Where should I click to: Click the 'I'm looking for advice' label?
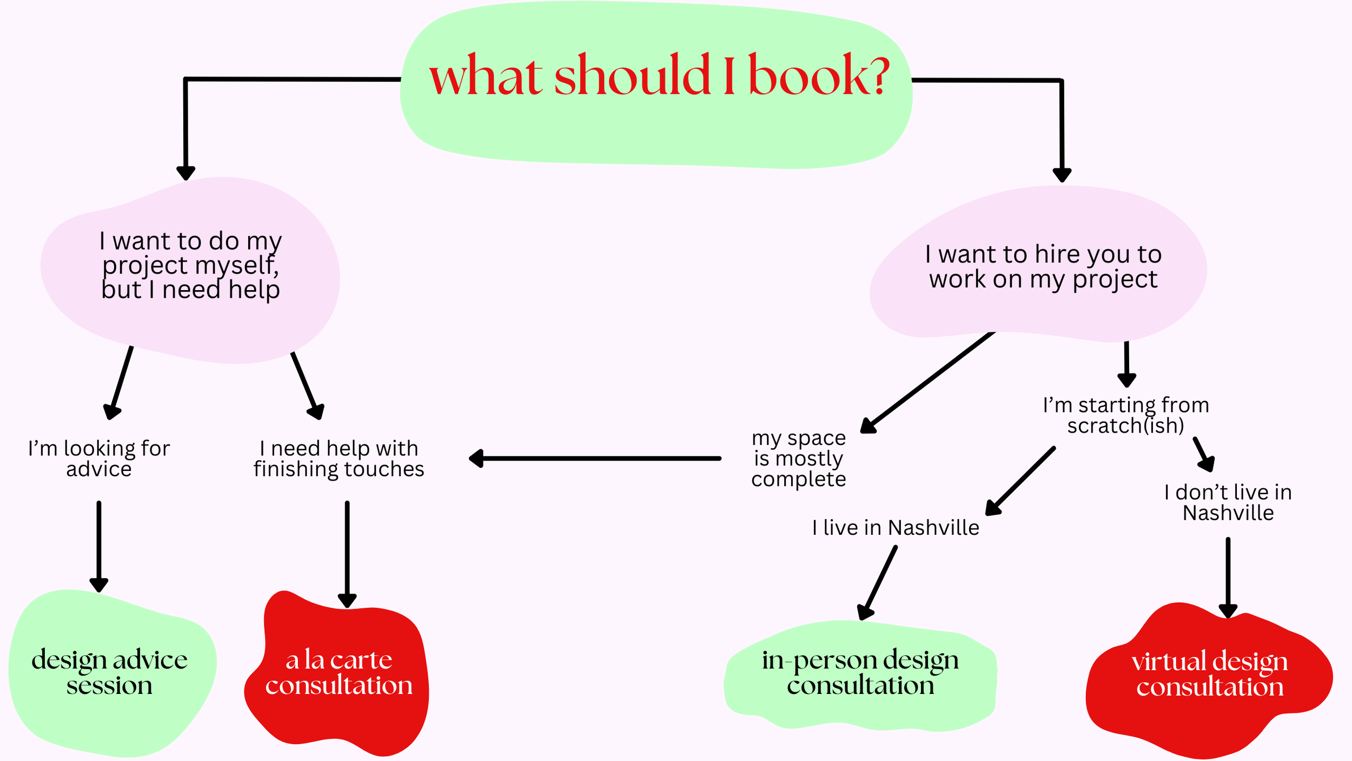pyautogui.click(x=99, y=458)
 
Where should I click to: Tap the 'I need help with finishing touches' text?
pyautogui.click(x=339, y=458)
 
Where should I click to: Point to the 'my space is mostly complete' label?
pyautogui.click(x=798, y=458)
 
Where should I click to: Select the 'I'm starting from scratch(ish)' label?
pyautogui.click(x=1126, y=415)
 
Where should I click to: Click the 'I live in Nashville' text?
pyautogui.click(x=896, y=528)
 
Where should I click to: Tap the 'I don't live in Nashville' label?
pyautogui.click(x=1228, y=502)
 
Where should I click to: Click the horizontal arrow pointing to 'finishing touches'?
pyautogui.click(x=595, y=458)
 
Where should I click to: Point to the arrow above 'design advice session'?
pyautogui.click(x=99, y=547)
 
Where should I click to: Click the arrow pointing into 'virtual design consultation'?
pyautogui.click(x=1228, y=576)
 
